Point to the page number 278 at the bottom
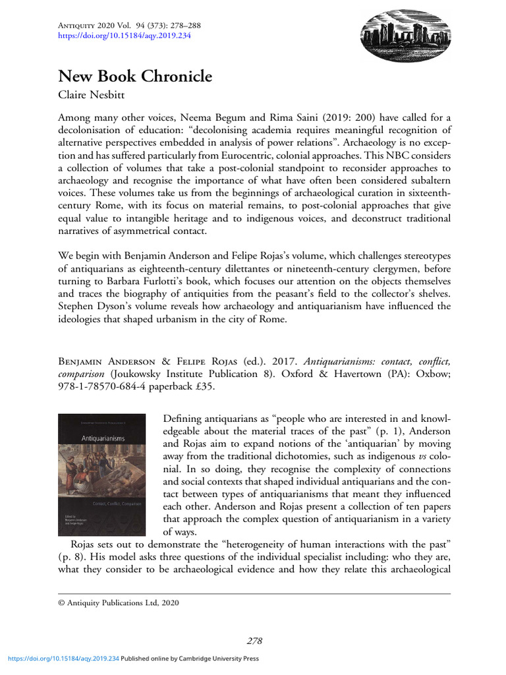pyautogui.click(x=255, y=641)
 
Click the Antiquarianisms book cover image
pyautogui.click(x=101, y=474)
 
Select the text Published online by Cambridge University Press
pyautogui.click(x=190, y=658)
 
